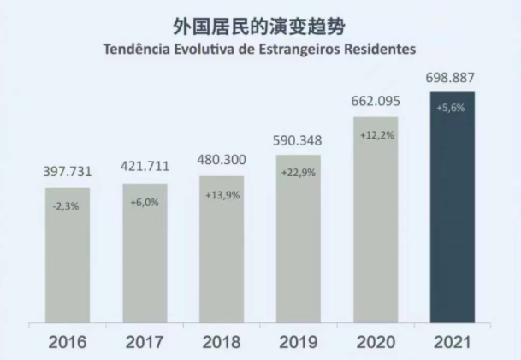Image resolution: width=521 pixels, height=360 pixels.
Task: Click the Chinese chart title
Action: click(260, 27)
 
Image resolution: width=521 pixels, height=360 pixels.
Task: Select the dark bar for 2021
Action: click(452, 210)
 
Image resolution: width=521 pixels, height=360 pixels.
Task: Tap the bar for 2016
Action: click(68, 257)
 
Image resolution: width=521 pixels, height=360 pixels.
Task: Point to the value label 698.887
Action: click(451, 79)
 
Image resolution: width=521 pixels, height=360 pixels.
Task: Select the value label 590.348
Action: click(298, 141)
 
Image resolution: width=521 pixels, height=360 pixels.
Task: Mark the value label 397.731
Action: click(68, 172)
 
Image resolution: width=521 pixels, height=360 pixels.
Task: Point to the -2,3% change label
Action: click(67, 204)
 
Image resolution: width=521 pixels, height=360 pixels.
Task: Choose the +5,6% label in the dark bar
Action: click(451, 109)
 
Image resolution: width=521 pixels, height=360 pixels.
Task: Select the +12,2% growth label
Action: click(375, 134)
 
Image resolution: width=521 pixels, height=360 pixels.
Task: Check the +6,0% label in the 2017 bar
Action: click(145, 202)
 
